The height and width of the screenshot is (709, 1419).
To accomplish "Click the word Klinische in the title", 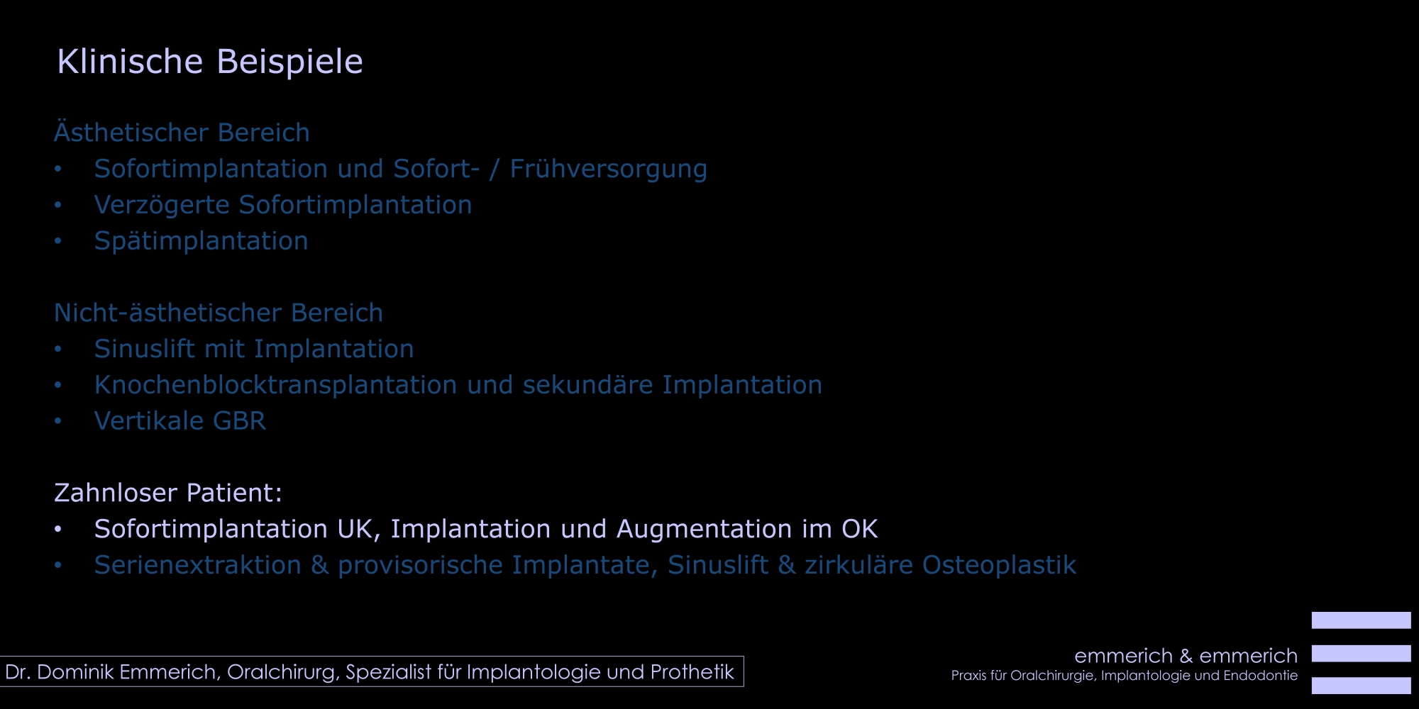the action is point(130,61).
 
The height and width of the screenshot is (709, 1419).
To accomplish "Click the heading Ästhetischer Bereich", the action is point(182,133).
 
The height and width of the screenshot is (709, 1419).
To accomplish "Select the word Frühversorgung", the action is point(608,169).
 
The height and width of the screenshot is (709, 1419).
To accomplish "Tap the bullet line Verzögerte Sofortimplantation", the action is point(283,205).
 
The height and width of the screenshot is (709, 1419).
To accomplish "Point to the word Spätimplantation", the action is point(201,241).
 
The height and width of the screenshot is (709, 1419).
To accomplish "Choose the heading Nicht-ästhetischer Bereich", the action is point(219,313).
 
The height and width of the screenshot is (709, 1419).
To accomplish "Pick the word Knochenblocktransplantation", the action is point(275,385).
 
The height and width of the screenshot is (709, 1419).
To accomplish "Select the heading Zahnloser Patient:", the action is point(168,493).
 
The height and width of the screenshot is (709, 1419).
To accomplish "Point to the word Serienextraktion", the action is point(198,565).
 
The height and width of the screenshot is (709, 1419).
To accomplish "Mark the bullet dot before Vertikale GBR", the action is point(58,421).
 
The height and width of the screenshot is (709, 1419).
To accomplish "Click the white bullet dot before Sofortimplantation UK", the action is point(58,529).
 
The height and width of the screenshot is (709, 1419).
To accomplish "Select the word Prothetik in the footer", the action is point(692,672).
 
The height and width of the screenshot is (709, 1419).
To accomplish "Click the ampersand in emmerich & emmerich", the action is point(1186,656).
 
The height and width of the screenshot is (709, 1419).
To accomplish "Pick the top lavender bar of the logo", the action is point(1361,620).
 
